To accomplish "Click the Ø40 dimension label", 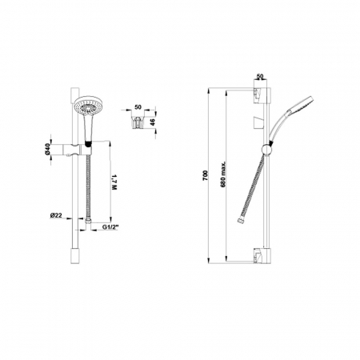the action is tap(47, 150).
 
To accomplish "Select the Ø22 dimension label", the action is tap(56, 215).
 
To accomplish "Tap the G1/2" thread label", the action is tap(110, 227).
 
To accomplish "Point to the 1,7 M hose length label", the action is tap(114, 182).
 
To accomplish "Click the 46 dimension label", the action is tap(152, 122).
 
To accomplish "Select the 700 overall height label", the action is tap(205, 175).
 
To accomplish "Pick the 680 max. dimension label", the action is tap(223, 174).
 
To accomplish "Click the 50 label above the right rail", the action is tap(260, 76).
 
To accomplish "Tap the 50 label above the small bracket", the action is tap(138, 107).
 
